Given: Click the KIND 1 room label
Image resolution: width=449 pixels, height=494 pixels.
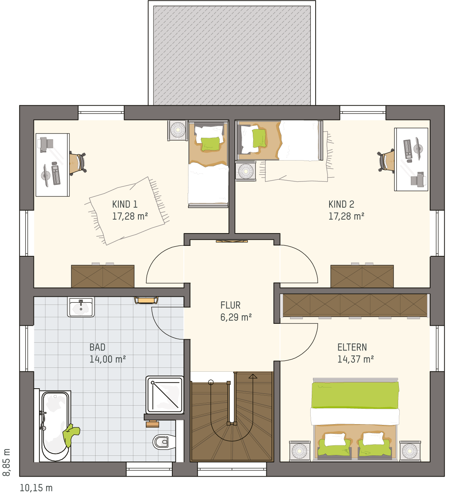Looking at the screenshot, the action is click(124, 204).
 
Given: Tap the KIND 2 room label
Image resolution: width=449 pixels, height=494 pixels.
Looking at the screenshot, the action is click(341, 204).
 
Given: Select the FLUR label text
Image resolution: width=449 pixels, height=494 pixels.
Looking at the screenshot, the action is click(230, 305).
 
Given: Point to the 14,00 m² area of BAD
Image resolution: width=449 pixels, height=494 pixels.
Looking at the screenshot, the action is click(108, 359).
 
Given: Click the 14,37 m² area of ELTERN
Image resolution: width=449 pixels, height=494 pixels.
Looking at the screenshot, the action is click(355, 359).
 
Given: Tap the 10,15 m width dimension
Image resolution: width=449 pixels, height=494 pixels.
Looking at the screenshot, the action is click(36, 488).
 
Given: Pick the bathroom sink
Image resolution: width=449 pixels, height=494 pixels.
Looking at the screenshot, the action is click(81, 307).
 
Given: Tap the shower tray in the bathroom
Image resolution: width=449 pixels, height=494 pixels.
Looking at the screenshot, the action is click(165, 395).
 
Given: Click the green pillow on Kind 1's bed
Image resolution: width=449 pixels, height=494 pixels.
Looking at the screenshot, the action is click(210, 144).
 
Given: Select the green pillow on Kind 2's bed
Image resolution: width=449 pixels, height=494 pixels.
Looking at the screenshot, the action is click(259, 138).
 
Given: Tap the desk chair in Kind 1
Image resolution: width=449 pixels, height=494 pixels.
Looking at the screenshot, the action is click(78, 163).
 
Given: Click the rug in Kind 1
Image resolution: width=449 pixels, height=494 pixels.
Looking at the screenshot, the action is click(127, 211).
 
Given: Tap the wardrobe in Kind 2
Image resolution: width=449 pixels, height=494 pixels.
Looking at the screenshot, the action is click(362, 276).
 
